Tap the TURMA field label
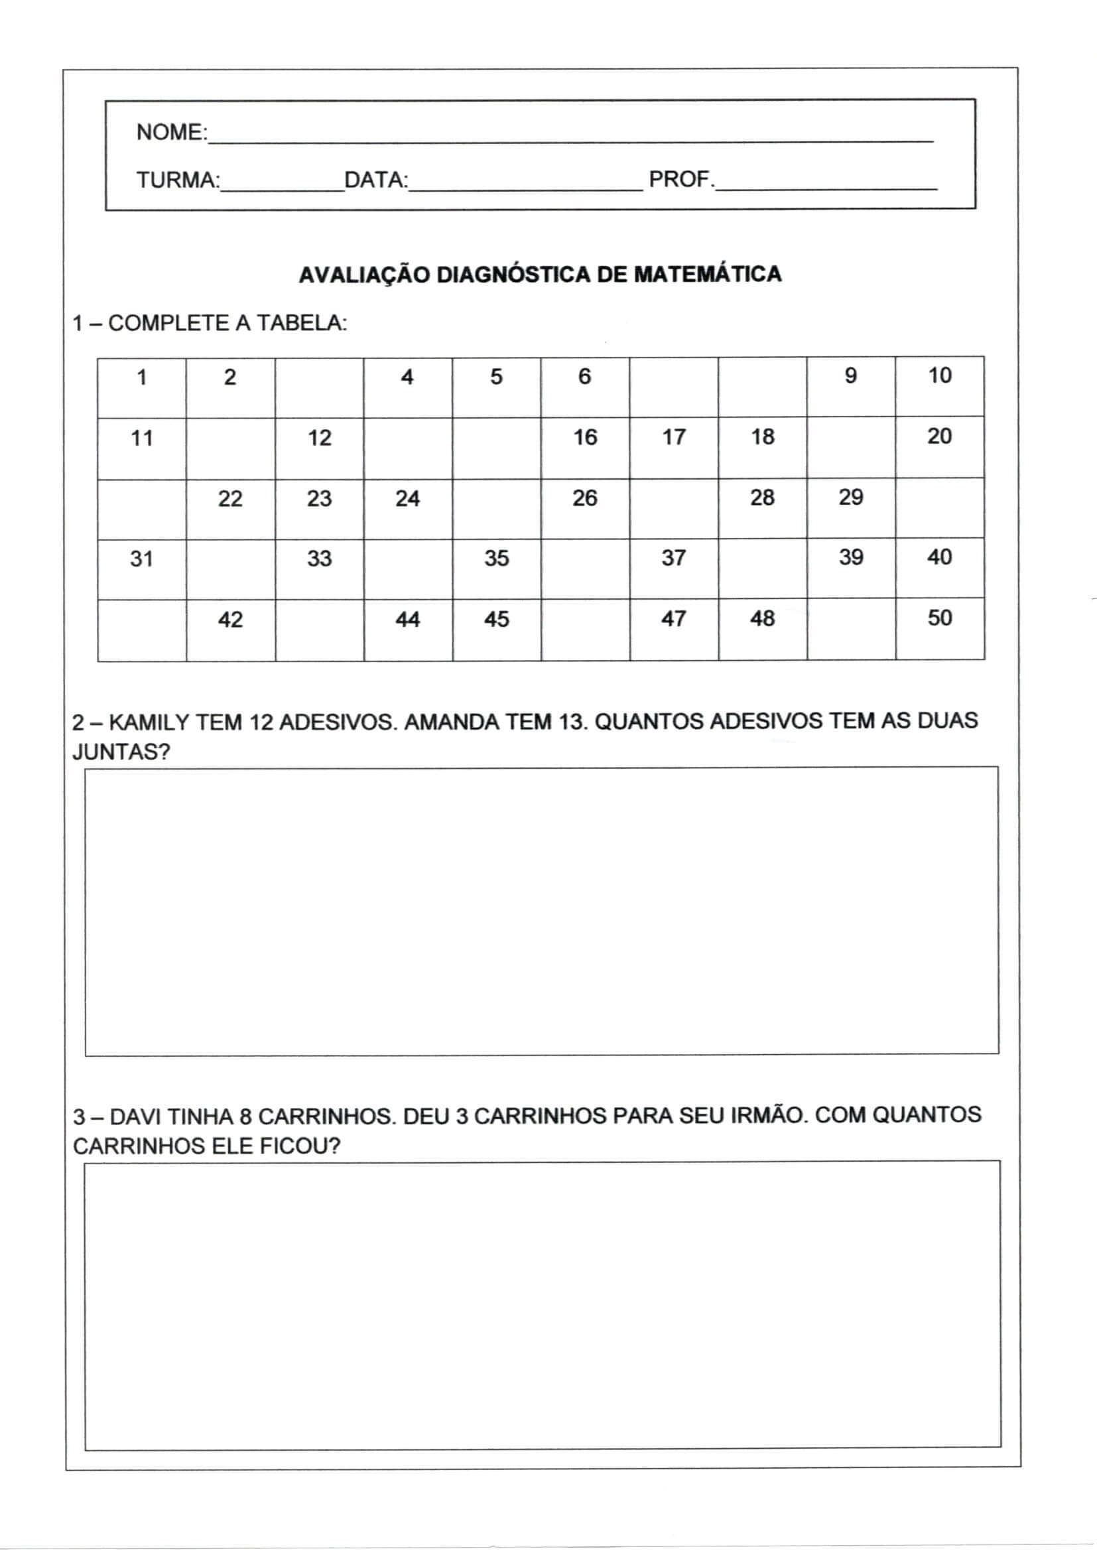tap(178, 180)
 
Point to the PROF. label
tap(681, 179)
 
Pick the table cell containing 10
tap(939, 386)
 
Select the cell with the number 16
tap(585, 448)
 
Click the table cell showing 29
tap(850, 508)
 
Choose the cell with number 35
tap(497, 569)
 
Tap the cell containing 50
tap(940, 629)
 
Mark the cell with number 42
tap(230, 630)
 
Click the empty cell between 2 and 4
tap(319, 387)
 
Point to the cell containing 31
tap(142, 569)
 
